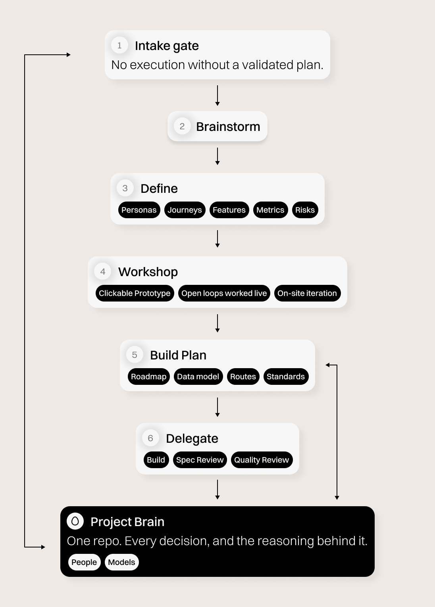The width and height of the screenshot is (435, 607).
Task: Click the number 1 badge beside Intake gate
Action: click(x=119, y=45)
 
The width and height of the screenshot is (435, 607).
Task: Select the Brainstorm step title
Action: click(x=228, y=127)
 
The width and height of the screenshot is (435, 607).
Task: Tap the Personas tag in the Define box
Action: click(x=139, y=210)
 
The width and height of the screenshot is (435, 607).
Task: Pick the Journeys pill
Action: click(x=185, y=210)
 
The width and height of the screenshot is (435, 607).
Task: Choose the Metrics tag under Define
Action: click(x=271, y=210)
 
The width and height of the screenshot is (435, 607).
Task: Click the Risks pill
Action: click(x=305, y=210)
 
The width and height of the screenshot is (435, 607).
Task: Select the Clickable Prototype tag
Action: click(x=135, y=293)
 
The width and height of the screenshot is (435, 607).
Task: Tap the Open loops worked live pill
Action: click(x=224, y=293)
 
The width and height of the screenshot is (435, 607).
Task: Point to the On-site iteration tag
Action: click(x=307, y=293)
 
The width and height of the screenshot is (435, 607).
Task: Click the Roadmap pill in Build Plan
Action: click(x=149, y=376)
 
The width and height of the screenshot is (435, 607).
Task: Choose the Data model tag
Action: click(x=198, y=376)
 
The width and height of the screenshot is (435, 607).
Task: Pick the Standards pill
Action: click(x=286, y=376)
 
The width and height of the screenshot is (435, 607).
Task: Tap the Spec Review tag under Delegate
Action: click(x=200, y=460)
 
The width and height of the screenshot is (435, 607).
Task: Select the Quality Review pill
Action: click(x=262, y=460)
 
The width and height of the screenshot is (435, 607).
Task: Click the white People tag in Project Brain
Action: click(x=84, y=562)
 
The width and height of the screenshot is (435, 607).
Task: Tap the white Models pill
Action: click(x=122, y=562)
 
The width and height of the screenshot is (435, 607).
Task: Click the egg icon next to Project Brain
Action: click(x=75, y=521)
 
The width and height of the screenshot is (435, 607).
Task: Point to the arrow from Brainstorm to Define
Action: click(x=217, y=156)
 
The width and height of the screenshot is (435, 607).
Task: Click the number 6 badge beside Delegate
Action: click(x=150, y=438)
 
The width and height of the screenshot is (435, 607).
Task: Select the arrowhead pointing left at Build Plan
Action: click(x=327, y=365)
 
